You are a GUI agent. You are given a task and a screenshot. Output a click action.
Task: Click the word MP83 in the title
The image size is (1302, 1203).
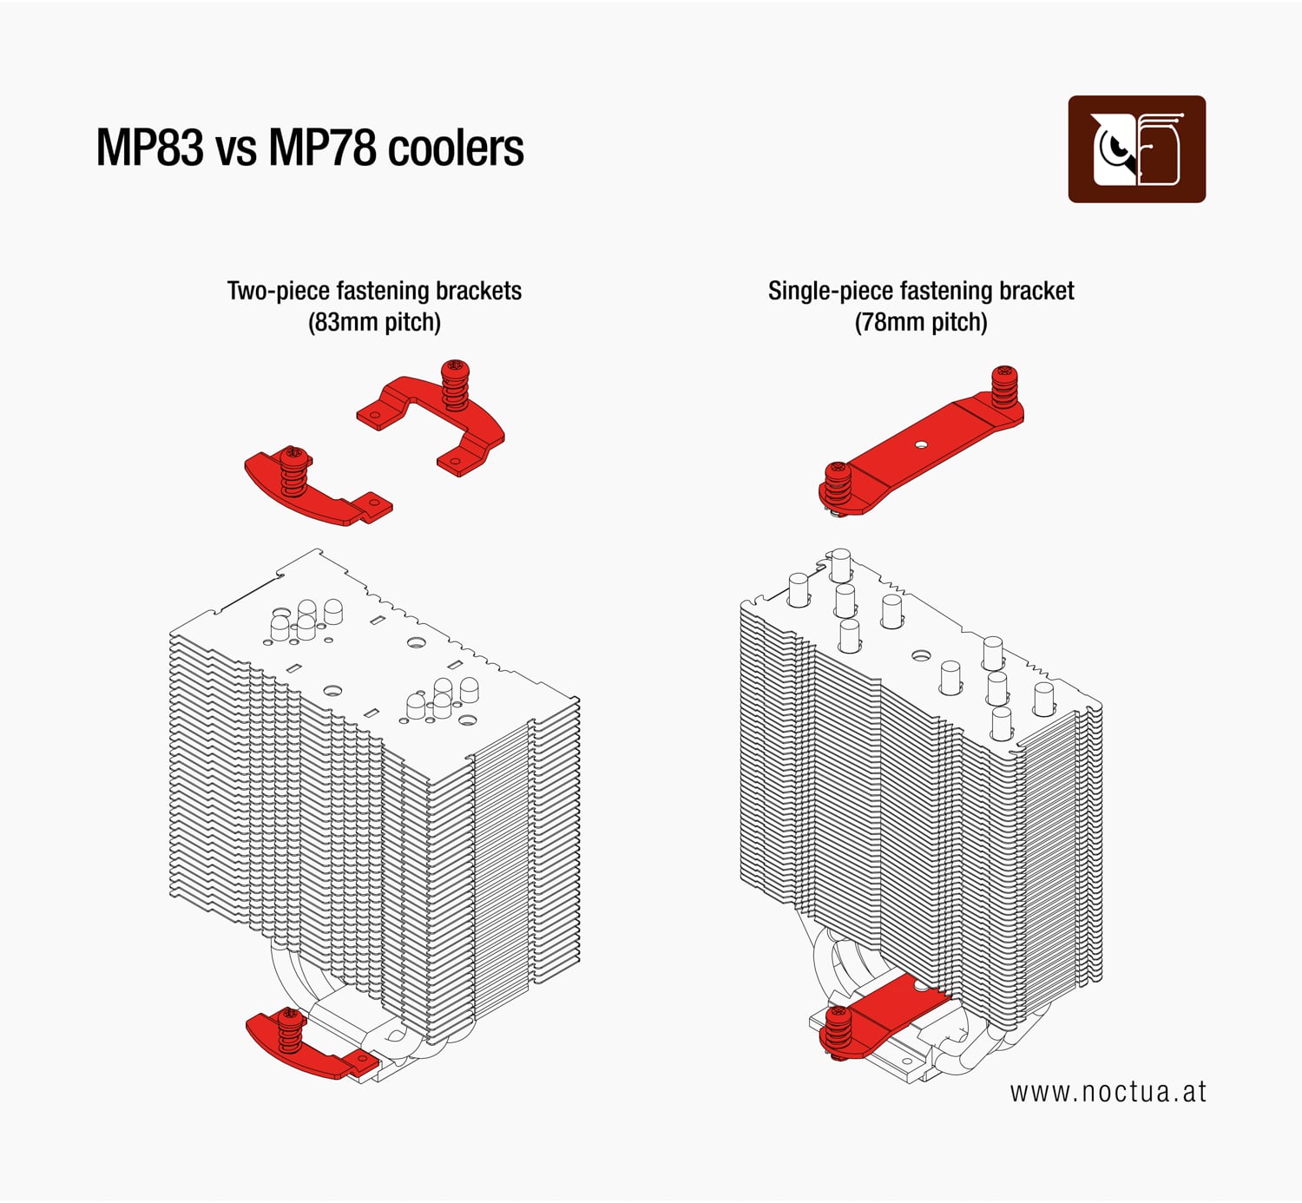[149, 148]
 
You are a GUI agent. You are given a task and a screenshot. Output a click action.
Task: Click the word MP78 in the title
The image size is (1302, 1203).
[321, 148]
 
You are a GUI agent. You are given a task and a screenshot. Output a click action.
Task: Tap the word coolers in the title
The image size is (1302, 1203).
[455, 148]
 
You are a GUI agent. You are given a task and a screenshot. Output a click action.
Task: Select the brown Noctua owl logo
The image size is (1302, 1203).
[1136, 149]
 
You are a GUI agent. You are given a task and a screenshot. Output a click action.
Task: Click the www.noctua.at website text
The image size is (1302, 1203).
[1108, 1091]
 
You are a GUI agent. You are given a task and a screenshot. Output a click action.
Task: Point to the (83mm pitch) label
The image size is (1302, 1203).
[374, 323]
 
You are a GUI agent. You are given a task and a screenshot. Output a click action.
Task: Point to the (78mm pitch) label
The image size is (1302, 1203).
[921, 323]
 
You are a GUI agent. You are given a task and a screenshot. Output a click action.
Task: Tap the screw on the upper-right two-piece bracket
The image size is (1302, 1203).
[455, 385]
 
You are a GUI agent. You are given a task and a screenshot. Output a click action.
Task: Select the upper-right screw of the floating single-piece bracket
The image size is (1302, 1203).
[1003, 386]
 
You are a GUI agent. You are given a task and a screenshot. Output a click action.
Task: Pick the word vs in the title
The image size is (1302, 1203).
[236, 148]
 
